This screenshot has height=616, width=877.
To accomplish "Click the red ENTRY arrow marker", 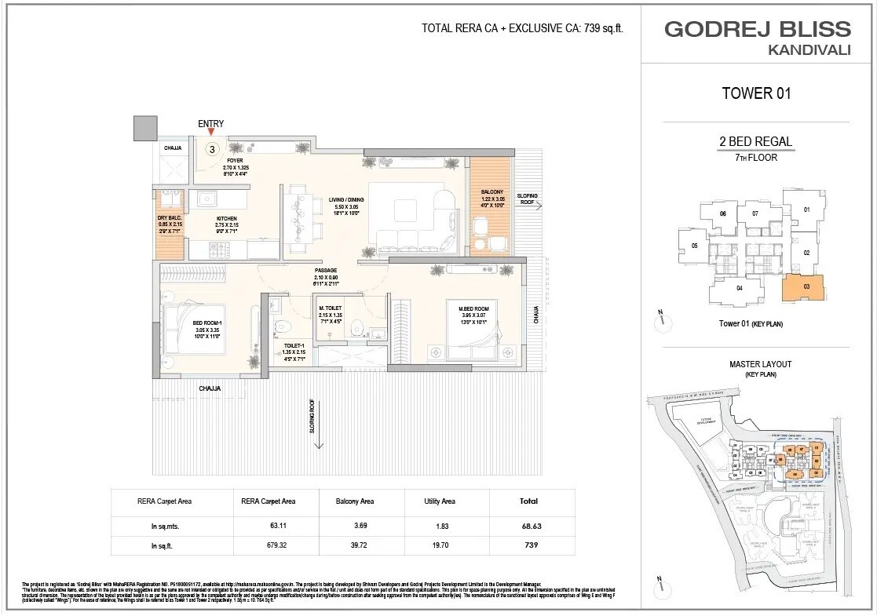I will click(210, 133).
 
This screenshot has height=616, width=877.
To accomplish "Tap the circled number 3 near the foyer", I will click(212, 148).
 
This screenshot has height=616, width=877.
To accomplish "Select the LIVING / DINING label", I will click(345, 200).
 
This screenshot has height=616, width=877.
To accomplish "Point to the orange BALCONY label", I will click(493, 193).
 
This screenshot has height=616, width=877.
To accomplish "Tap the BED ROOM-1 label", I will click(208, 323).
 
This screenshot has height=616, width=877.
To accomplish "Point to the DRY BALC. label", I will click(170, 218).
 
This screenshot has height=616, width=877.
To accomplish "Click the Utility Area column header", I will click(440, 501).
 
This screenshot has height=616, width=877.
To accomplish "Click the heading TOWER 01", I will click(755, 94).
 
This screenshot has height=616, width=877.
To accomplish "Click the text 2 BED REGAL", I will click(755, 142).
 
